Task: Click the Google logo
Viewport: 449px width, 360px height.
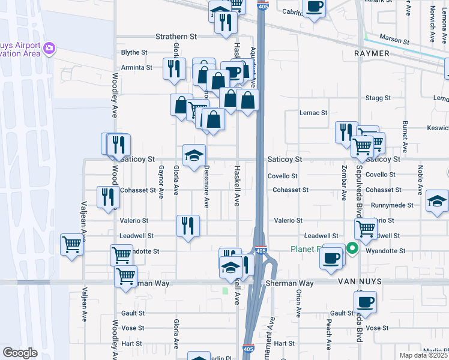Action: (20, 353)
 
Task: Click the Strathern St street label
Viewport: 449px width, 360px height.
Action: (176, 37)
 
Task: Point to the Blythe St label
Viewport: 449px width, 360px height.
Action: (134, 53)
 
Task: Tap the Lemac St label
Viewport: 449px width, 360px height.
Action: (313, 112)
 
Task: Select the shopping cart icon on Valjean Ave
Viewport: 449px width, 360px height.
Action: (71, 244)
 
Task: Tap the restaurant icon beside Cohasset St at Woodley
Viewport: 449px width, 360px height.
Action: (108, 196)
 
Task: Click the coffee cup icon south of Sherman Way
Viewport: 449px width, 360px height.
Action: (365, 301)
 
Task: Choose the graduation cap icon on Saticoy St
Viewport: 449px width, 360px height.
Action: (194, 155)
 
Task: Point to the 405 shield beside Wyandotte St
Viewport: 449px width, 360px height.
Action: (261, 251)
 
